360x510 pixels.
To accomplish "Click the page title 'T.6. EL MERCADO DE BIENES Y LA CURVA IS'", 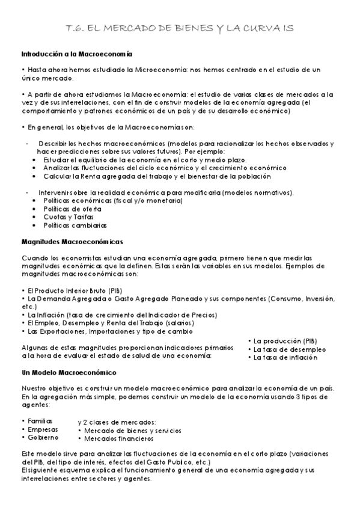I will tap(180, 28).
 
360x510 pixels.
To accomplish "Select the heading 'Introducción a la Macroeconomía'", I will tap(77, 54).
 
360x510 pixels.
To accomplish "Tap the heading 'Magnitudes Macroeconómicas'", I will tap(72, 242).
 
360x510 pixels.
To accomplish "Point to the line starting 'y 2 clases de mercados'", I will tap(117, 422).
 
